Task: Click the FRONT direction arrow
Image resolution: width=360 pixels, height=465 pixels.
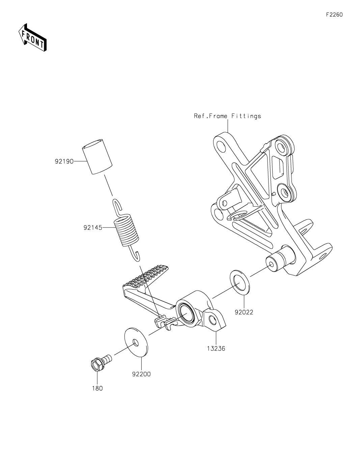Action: pyautogui.click(x=32, y=38)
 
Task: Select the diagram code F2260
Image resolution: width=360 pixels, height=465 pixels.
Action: pyautogui.click(x=334, y=15)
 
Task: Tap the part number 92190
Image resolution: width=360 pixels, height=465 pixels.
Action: pyautogui.click(x=64, y=161)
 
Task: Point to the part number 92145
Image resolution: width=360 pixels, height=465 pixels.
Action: pyautogui.click(x=93, y=228)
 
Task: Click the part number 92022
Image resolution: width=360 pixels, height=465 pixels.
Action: pyautogui.click(x=244, y=312)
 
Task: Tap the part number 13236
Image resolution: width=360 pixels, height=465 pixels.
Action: pyautogui.click(x=216, y=349)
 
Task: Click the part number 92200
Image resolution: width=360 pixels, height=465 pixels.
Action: pyautogui.click(x=141, y=374)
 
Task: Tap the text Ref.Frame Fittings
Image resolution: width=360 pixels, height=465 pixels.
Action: pyautogui.click(x=227, y=116)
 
